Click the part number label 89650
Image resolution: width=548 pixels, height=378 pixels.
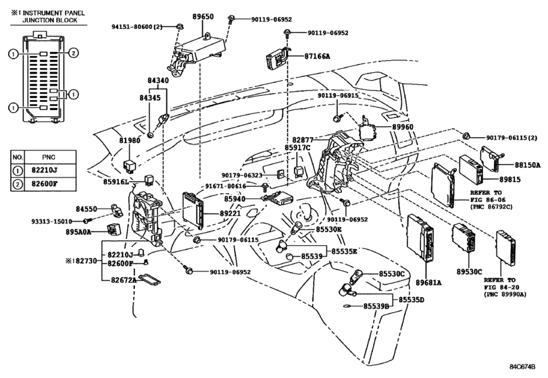(x=203, y=16)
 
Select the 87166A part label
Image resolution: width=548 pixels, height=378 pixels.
(x=317, y=56)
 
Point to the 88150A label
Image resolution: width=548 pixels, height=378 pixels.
(x=527, y=165)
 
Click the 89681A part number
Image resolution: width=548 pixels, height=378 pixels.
(x=428, y=282)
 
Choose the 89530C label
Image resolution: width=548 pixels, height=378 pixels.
(x=469, y=271)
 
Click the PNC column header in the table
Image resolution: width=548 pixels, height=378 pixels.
(x=49, y=157)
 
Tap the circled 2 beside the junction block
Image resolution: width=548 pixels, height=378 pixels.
(x=73, y=53)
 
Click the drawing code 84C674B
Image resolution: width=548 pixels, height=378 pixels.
(x=522, y=367)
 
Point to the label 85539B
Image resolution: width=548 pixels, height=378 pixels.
(x=376, y=306)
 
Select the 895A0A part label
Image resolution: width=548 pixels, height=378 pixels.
(x=78, y=232)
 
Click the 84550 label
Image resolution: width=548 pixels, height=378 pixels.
(x=86, y=209)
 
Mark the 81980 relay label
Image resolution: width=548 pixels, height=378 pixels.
(x=130, y=140)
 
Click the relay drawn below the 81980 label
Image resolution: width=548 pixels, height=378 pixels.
(x=129, y=165)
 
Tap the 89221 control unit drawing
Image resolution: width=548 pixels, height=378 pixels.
(x=193, y=210)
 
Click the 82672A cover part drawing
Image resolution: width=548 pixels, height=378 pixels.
(x=149, y=279)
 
